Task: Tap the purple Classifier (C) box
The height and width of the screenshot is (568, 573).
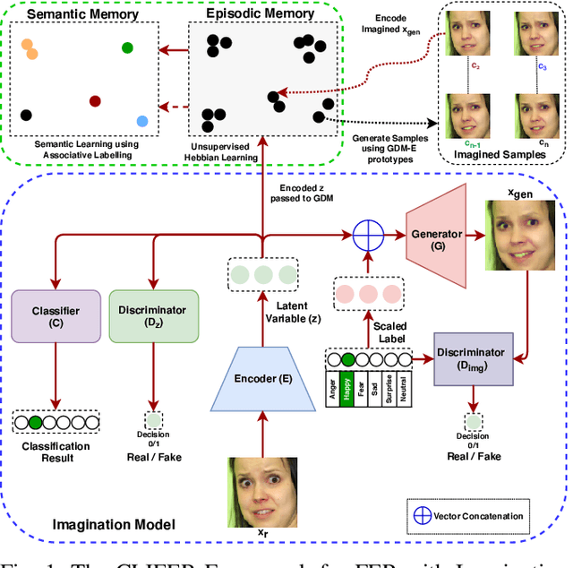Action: pos(56,315)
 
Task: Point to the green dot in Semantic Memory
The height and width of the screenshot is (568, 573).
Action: pos(127,47)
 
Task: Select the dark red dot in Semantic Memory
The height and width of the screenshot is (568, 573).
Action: pos(95,101)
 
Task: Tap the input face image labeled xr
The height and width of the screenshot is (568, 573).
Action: pos(261,491)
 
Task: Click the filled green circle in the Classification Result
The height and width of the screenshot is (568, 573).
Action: pos(35,421)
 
